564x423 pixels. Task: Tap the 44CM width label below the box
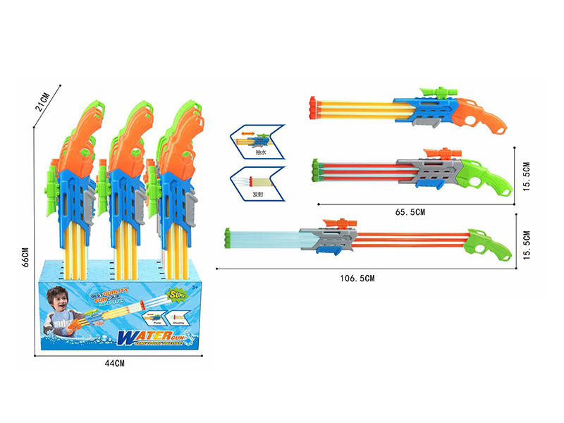[x=114, y=364]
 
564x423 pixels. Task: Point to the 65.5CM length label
[x=411, y=211]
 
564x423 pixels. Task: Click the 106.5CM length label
[x=357, y=278]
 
